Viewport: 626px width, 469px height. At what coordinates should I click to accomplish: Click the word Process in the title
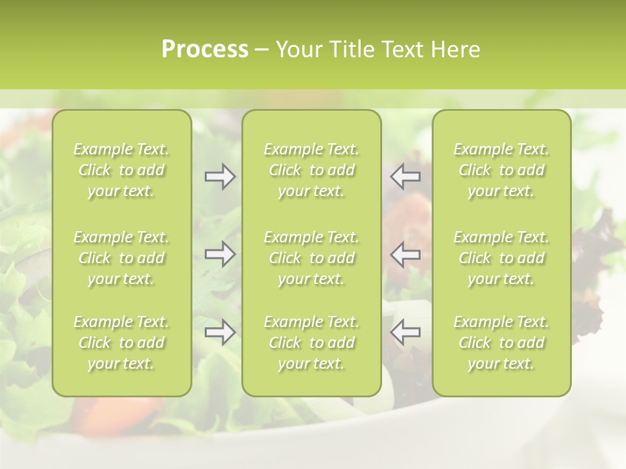[205, 50]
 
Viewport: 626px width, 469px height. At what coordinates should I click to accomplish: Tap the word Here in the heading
[456, 50]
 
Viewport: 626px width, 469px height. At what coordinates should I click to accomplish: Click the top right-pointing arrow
[220, 177]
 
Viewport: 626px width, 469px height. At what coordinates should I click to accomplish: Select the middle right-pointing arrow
[220, 254]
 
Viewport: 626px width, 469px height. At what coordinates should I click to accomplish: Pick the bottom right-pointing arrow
[220, 332]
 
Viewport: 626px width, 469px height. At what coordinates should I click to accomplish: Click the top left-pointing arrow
[406, 177]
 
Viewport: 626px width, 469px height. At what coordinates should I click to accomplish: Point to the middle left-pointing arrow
[406, 254]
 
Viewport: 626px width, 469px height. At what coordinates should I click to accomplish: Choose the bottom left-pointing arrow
[406, 332]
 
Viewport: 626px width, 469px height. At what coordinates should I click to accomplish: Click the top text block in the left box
[121, 170]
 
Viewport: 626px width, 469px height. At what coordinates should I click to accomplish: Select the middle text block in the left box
[121, 258]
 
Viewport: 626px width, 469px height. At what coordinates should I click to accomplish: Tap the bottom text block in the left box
[121, 343]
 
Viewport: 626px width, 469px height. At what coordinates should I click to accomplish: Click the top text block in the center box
[312, 170]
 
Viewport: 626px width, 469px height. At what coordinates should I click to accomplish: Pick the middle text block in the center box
[312, 258]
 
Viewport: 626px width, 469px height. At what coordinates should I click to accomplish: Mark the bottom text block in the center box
[312, 343]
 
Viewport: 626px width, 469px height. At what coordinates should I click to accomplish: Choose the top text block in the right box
[501, 170]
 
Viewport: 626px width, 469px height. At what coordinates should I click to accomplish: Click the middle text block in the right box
[501, 258]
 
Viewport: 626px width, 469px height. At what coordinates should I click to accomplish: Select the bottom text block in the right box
[501, 343]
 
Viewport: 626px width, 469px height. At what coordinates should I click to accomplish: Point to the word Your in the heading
[297, 50]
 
